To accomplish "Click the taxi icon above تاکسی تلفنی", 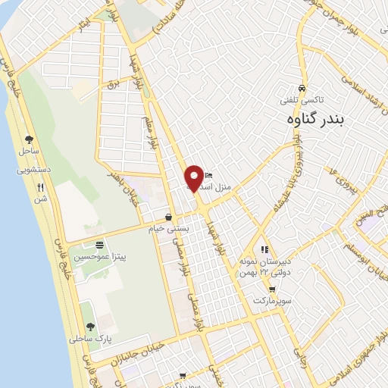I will click(x=302, y=87).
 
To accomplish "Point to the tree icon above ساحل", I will click(x=29, y=139).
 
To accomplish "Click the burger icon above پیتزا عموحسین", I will click(x=99, y=245).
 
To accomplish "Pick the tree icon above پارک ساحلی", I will click(x=91, y=326).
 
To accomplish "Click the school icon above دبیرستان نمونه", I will click(x=264, y=249).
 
